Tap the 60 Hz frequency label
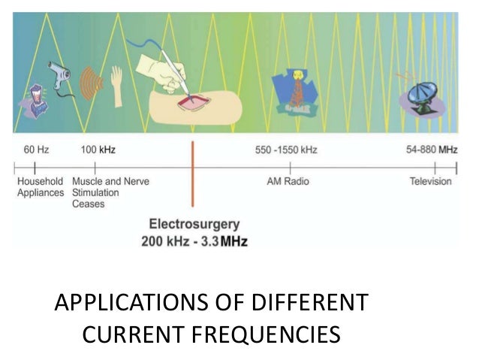click(x=35, y=150)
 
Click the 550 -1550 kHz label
click(x=286, y=150)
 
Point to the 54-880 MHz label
click(x=431, y=150)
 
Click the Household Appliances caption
click(x=41, y=186)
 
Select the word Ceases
click(x=89, y=204)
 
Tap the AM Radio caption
click(x=288, y=181)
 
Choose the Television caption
click(x=430, y=181)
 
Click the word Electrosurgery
click(x=194, y=223)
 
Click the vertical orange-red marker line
click(x=193, y=173)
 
